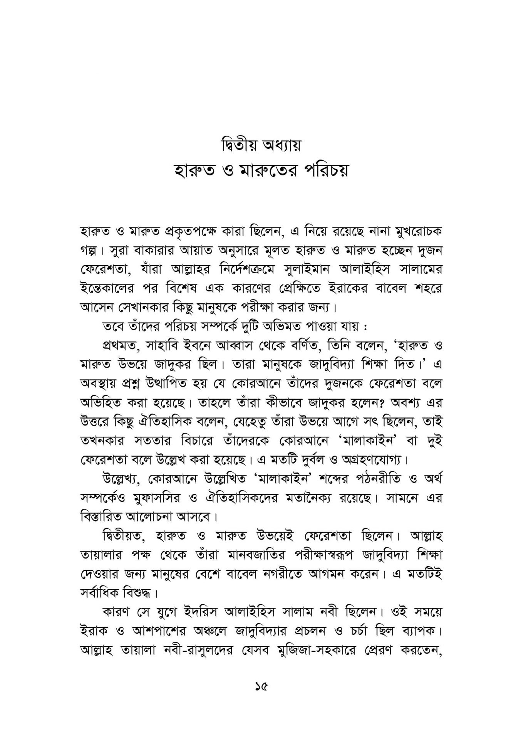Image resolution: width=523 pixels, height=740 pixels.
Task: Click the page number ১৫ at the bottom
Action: [261, 686]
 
